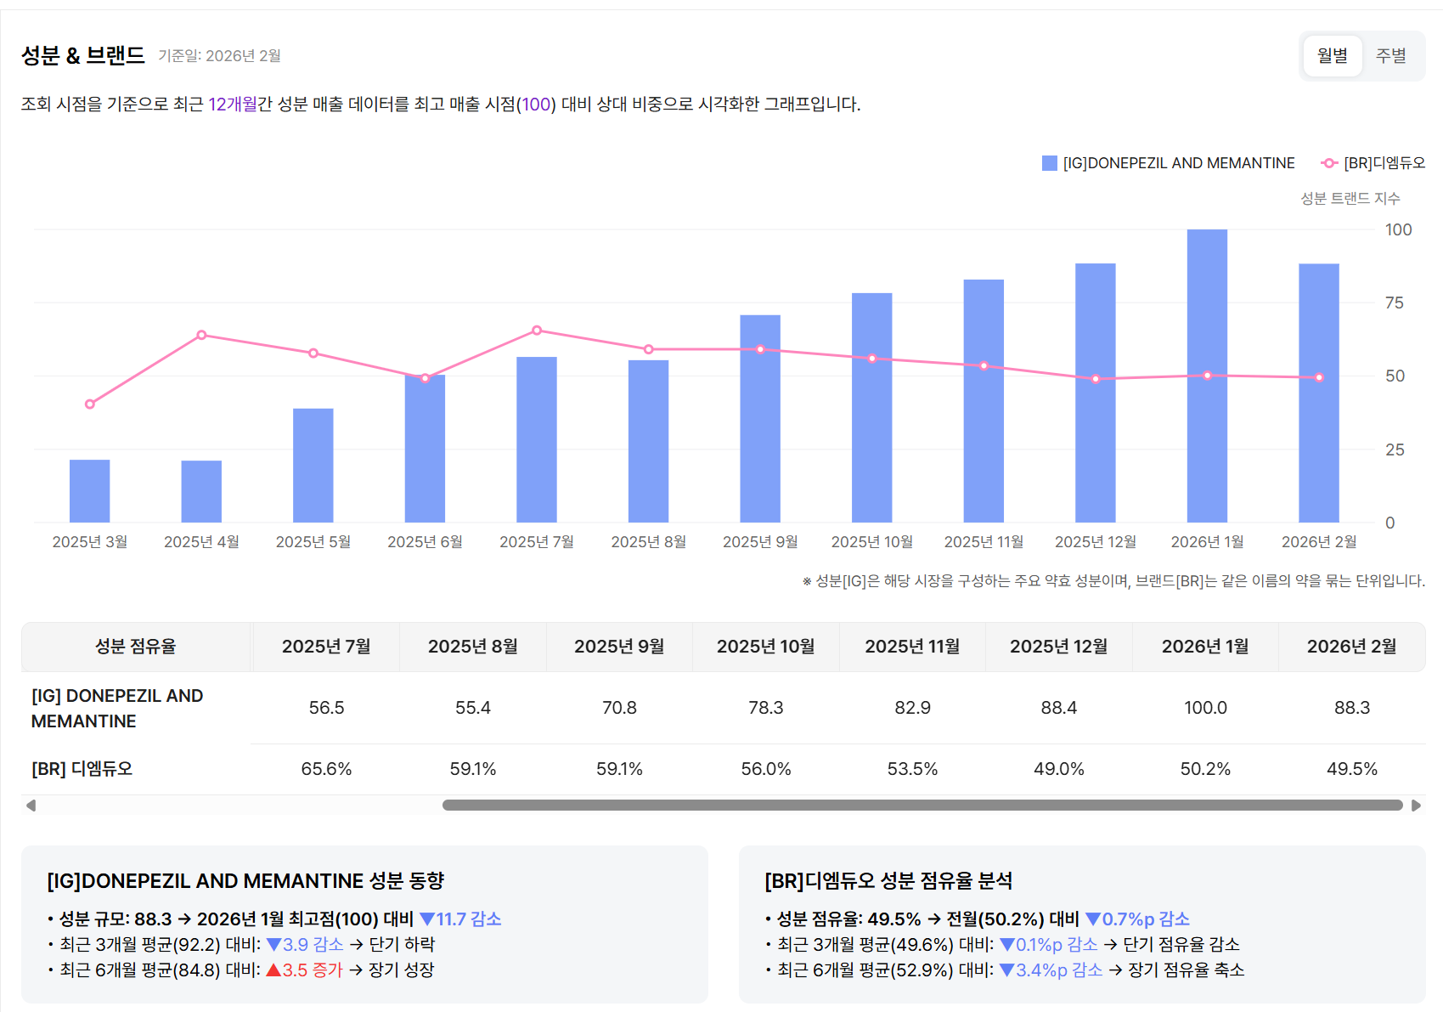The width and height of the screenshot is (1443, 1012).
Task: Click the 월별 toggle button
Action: tap(1332, 56)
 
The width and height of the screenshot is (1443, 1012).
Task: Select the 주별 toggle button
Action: tap(1390, 56)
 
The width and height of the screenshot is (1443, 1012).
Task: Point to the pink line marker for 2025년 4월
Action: tap(201, 335)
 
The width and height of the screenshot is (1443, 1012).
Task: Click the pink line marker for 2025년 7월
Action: tap(537, 331)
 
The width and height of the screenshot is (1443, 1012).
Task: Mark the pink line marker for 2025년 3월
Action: tap(90, 404)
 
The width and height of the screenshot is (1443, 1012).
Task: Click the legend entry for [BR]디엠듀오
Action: tap(1373, 163)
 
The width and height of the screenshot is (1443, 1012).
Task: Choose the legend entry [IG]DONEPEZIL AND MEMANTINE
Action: tap(1169, 163)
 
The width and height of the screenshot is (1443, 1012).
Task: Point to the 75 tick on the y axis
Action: tap(1394, 303)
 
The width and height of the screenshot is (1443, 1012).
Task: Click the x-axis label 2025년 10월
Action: tap(871, 542)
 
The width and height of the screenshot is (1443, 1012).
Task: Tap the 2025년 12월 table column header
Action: tap(1058, 647)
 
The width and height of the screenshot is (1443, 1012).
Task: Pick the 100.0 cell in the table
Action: tap(1205, 708)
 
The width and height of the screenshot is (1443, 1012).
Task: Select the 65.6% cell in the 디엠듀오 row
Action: tap(326, 769)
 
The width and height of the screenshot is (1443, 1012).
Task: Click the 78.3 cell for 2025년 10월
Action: tap(765, 708)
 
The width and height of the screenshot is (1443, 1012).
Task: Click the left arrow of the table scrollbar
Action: tap(31, 806)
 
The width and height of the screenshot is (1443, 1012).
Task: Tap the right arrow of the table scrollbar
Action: tap(1416, 806)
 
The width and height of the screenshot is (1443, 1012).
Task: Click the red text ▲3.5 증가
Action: tap(304, 970)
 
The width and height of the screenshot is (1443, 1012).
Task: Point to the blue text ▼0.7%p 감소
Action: tap(1137, 919)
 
